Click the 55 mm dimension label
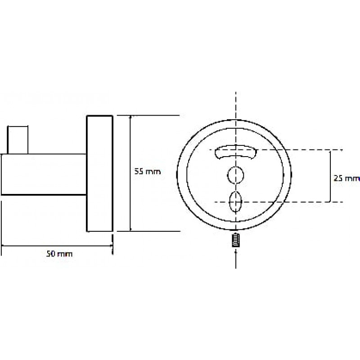click(x=148, y=171)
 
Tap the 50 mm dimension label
click(x=59, y=254)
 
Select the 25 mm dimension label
click(x=346, y=178)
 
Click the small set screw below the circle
click(x=236, y=240)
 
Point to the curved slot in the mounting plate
click(x=236, y=152)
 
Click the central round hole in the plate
click(x=235, y=175)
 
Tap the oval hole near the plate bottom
click(x=235, y=202)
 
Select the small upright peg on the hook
click(x=18, y=140)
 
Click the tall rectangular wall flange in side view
click(x=99, y=173)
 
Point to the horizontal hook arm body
click(x=44, y=175)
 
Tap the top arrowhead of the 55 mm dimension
click(x=130, y=117)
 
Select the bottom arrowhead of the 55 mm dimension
click(x=130, y=229)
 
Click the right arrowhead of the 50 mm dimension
click(x=111, y=246)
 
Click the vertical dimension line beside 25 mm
click(x=330, y=176)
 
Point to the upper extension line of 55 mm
click(x=148, y=116)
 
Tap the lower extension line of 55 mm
click(x=148, y=231)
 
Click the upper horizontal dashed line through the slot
click(x=276, y=150)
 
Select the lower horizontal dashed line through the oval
click(x=279, y=202)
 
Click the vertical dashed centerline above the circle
click(x=236, y=106)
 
